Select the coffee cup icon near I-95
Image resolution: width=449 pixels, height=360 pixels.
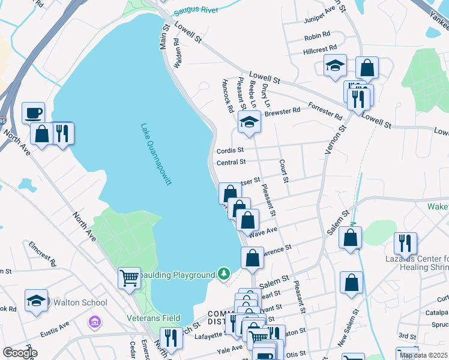click(34, 113)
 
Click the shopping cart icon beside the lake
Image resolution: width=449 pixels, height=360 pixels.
click(129, 278)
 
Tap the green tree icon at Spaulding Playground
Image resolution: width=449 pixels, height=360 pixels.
click(224, 274)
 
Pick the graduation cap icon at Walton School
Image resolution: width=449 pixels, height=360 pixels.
click(36, 301)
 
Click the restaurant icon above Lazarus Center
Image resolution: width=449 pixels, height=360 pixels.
click(405, 243)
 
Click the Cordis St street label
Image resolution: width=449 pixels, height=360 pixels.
click(231, 150)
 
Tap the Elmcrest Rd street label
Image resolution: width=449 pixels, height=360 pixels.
click(42, 254)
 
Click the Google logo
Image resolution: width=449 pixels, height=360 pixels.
click(20, 353)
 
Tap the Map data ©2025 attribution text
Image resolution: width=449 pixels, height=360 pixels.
click(424, 355)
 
